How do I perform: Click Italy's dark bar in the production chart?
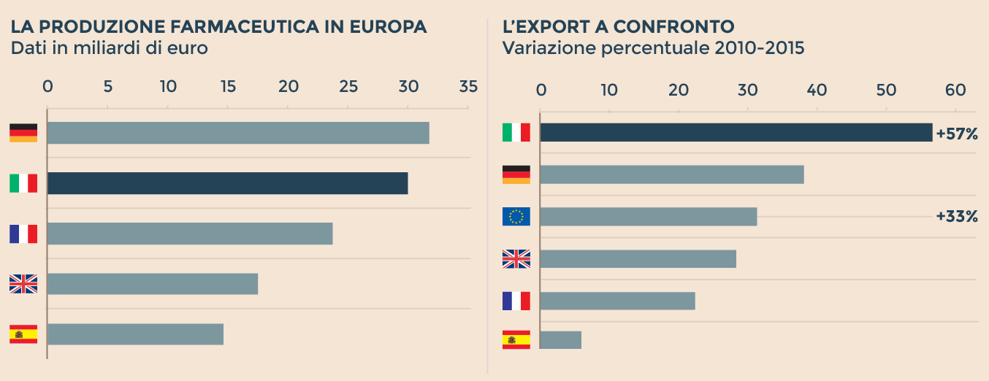pyautogui.click(x=227, y=183)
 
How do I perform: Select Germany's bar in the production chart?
pyautogui.click(x=238, y=133)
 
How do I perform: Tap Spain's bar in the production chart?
pyautogui.click(x=135, y=334)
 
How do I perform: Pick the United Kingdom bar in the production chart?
pyautogui.click(x=153, y=284)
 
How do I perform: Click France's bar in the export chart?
pyautogui.click(x=617, y=301)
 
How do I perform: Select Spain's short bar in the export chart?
pyautogui.click(x=560, y=340)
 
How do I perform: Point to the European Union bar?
pyautogui.click(x=648, y=217)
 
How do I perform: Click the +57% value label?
pyautogui.click(x=956, y=134)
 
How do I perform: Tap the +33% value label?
pyautogui.click(x=956, y=217)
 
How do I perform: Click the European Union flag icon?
pyautogui.click(x=516, y=217)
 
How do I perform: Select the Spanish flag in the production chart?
pyautogui.click(x=23, y=334)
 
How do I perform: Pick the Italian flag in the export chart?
pyautogui.click(x=516, y=132)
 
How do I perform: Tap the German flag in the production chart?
pyautogui.click(x=23, y=133)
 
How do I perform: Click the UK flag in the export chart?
pyautogui.click(x=516, y=259)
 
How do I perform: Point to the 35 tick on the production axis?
pyautogui.click(x=468, y=86)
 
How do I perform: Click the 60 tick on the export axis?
pyautogui.click(x=955, y=90)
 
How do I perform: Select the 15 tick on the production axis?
pyautogui.click(x=228, y=86)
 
